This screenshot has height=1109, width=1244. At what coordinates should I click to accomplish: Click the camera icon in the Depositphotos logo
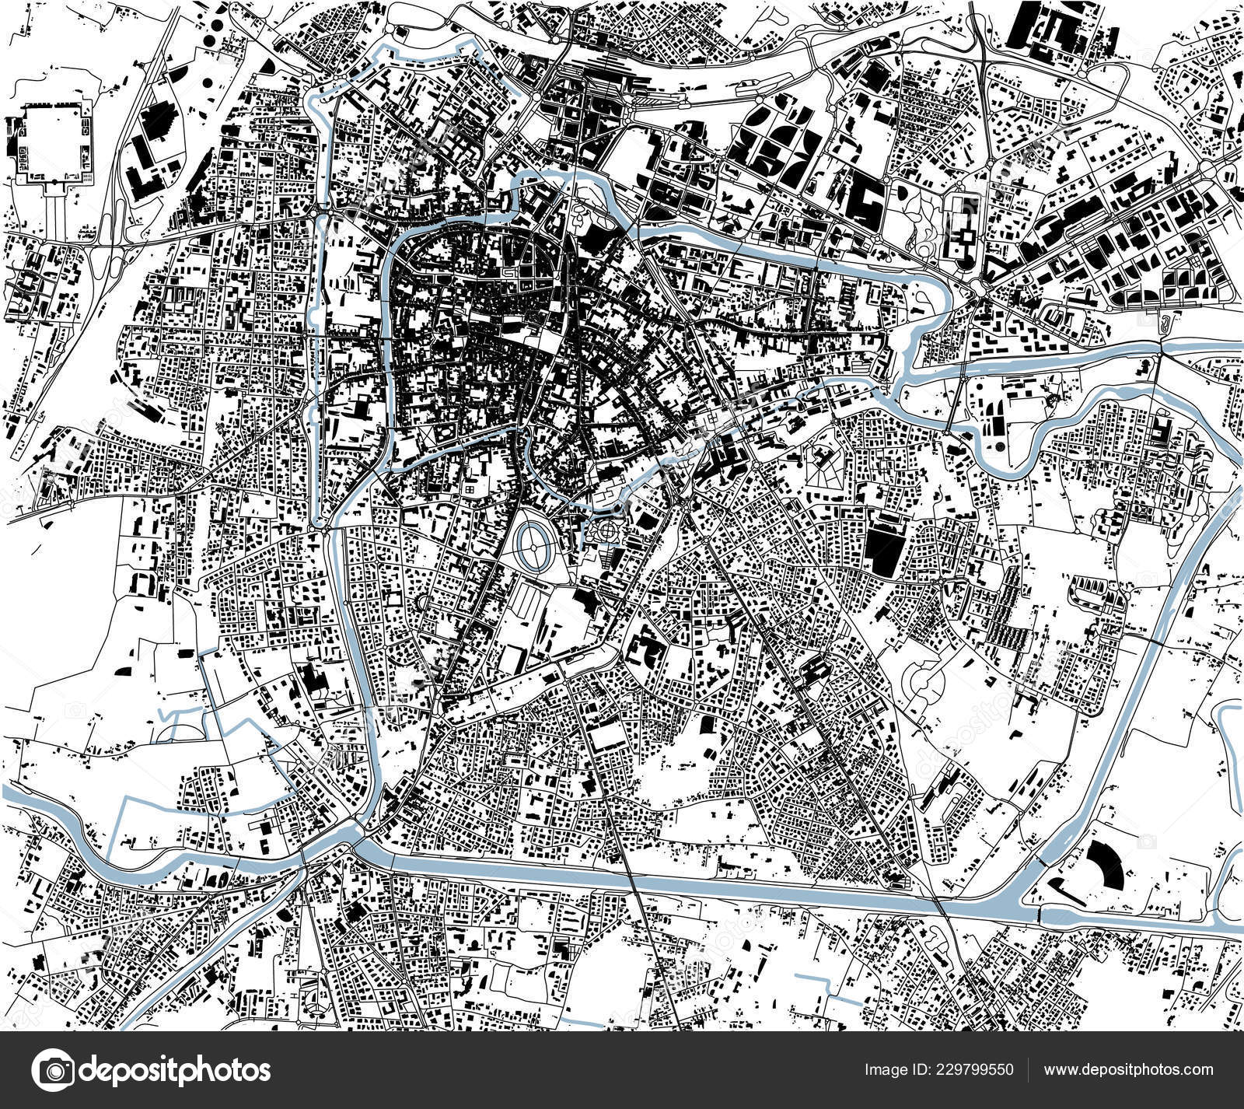click(54, 1070)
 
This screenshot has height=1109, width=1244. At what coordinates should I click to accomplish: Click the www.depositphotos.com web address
click(1128, 1070)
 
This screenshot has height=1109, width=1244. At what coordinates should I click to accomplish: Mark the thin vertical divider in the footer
click(1028, 1070)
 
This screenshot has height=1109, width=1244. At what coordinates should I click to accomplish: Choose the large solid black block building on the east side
click(881, 549)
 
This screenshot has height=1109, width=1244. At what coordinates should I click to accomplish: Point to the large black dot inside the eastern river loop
click(994, 446)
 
